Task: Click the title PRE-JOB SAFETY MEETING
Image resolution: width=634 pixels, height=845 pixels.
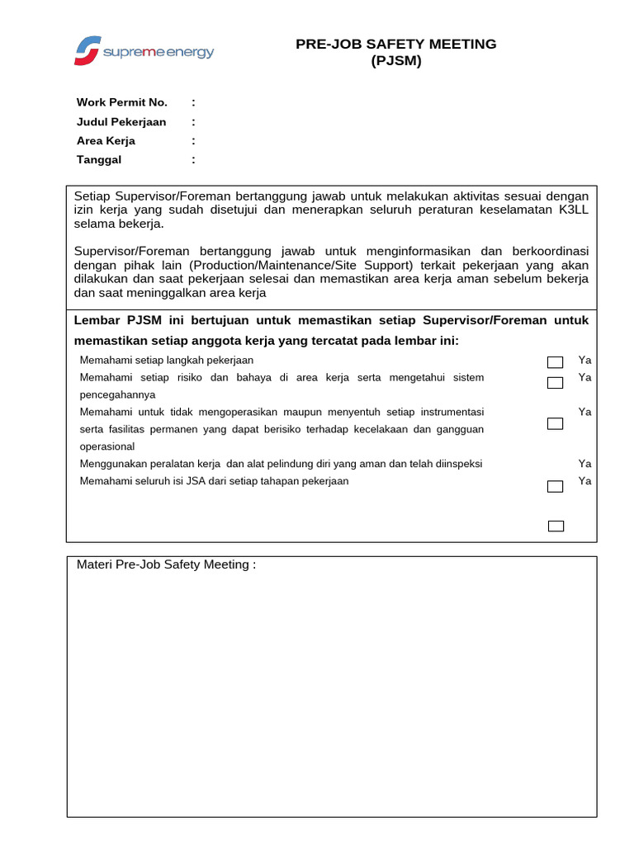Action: pyautogui.click(x=396, y=44)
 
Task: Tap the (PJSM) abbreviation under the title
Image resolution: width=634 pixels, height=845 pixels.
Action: pyautogui.click(x=396, y=60)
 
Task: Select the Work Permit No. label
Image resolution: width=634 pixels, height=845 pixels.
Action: pyautogui.click(x=122, y=102)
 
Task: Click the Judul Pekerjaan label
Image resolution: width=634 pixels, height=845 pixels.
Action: pyautogui.click(x=121, y=121)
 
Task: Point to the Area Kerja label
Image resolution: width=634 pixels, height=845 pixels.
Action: pyautogui.click(x=106, y=140)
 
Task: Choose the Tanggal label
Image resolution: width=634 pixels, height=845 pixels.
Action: pyautogui.click(x=99, y=159)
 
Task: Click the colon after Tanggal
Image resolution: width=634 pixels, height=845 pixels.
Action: pyautogui.click(x=194, y=159)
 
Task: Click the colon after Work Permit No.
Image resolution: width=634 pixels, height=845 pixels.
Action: pyautogui.click(x=194, y=102)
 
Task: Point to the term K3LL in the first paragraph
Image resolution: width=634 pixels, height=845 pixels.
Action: pyautogui.click(x=572, y=210)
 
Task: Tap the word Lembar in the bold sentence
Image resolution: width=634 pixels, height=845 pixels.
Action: pyautogui.click(x=97, y=320)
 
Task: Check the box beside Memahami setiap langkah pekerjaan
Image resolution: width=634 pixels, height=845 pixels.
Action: pyautogui.click(x=556, y=362)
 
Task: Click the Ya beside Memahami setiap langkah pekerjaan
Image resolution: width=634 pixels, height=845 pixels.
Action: pyautogui.click(x=584, y=360)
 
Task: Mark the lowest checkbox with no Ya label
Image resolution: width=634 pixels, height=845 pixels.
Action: pyautogui.click(x=556, y=526)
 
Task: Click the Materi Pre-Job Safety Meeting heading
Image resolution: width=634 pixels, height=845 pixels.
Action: pyautogui.click(x=166, y=564)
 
